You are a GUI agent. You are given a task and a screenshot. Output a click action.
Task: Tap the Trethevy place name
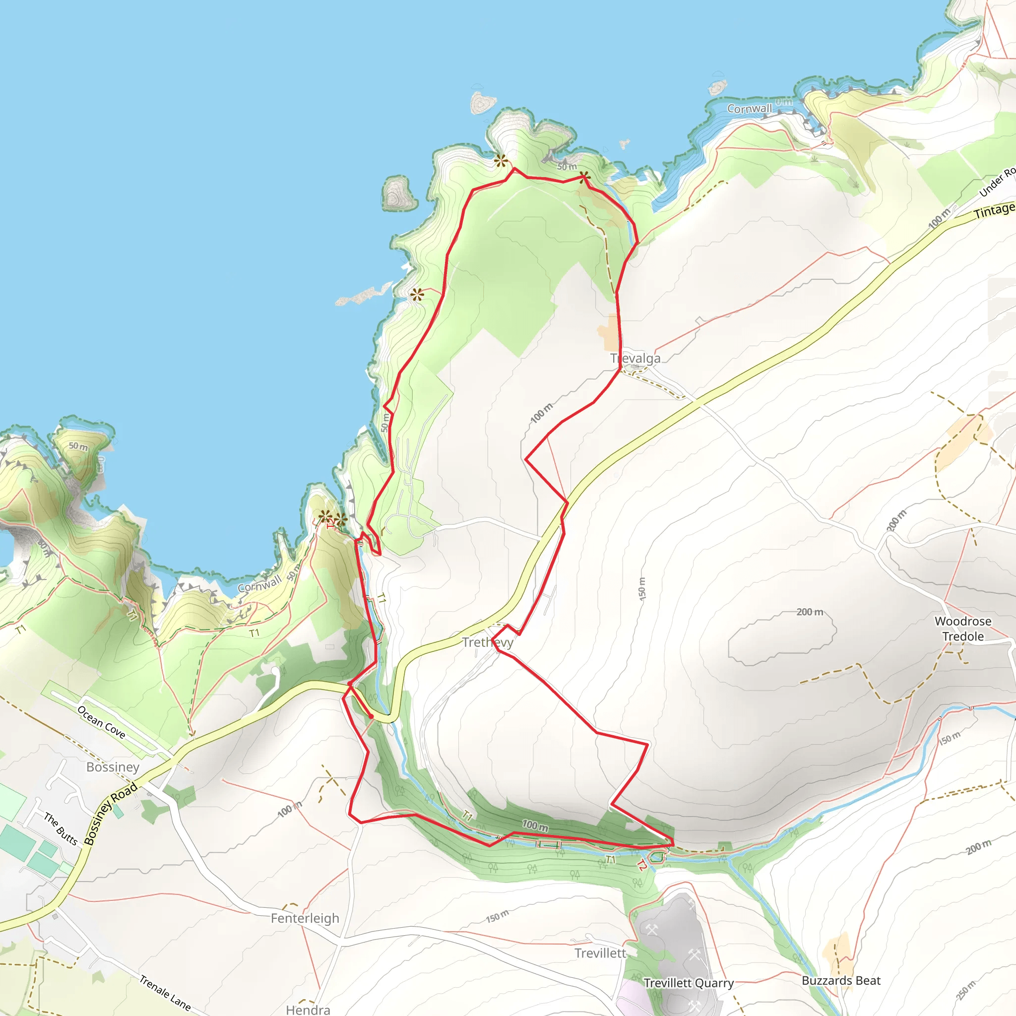click(488, 642)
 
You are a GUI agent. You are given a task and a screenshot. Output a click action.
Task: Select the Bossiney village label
click(113, 767)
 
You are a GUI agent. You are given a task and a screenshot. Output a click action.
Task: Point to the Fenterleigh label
click(305, 919)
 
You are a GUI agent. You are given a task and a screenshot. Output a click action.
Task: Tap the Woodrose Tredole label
click(962, 629)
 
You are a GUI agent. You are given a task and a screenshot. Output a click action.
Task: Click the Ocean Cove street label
click(102, 722)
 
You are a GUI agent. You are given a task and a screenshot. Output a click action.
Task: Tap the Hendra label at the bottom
click(308, 1010)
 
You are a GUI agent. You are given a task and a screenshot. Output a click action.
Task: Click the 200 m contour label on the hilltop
click(809, 612)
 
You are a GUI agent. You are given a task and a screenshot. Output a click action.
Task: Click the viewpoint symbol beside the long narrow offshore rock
click(417, 295)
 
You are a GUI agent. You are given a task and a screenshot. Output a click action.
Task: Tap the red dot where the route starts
click(371, 716)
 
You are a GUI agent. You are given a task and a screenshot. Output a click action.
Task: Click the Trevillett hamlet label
click(600, 953)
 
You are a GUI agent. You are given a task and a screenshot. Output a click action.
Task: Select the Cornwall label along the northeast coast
click(750, 109)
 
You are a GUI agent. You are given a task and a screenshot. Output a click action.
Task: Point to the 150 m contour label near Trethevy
click(641, 588)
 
